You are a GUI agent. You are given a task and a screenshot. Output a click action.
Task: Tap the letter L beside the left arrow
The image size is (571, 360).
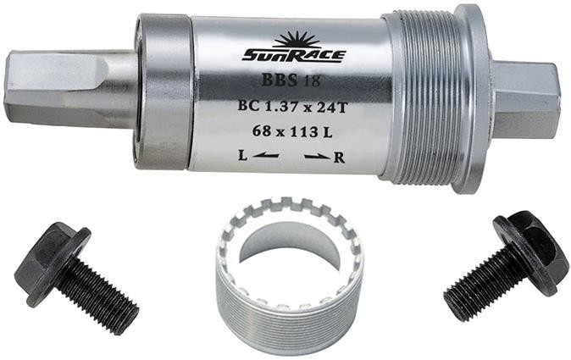point(242,157)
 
